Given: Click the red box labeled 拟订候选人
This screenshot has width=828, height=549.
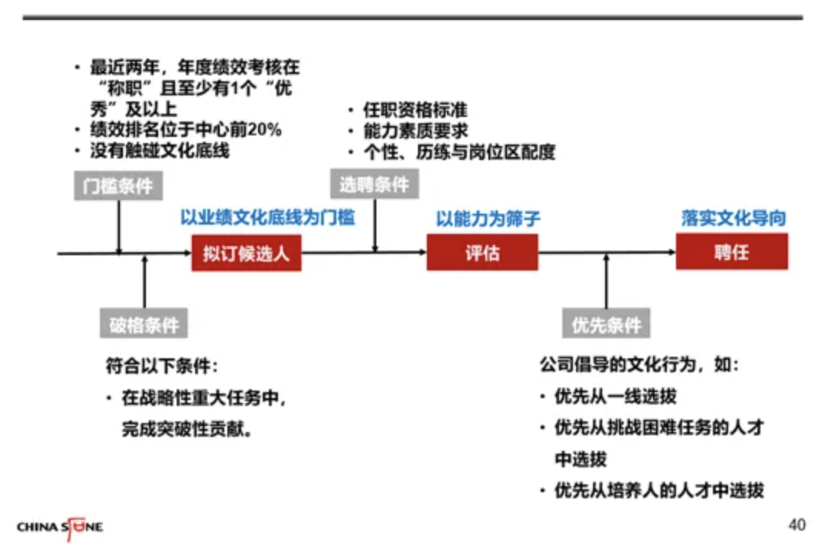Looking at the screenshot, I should click(247, 253).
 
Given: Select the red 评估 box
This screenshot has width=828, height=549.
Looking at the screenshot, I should click(482, 253).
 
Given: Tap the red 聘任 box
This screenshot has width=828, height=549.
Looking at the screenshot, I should click(731, 251).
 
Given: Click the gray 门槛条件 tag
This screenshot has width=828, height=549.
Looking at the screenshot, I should click(118, 186).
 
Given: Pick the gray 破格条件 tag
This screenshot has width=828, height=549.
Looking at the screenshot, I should click(144, 324).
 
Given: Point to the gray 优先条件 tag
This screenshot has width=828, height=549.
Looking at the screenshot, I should click(606, 324).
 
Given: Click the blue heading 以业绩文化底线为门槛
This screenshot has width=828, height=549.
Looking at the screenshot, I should click(268, 218).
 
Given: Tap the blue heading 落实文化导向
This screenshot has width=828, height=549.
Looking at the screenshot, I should click(734, 218).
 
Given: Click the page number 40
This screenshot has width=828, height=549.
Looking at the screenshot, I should click(797, 525).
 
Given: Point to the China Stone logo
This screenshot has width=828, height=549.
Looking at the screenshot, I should click(60, 527).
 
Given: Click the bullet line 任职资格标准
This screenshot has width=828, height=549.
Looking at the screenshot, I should click(415, 111).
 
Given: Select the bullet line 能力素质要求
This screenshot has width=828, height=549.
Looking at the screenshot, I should click(415, 131).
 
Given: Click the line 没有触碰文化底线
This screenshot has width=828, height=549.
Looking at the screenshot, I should click(160, 151).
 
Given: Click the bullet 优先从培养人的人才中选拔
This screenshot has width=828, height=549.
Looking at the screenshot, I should click(659, 491).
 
